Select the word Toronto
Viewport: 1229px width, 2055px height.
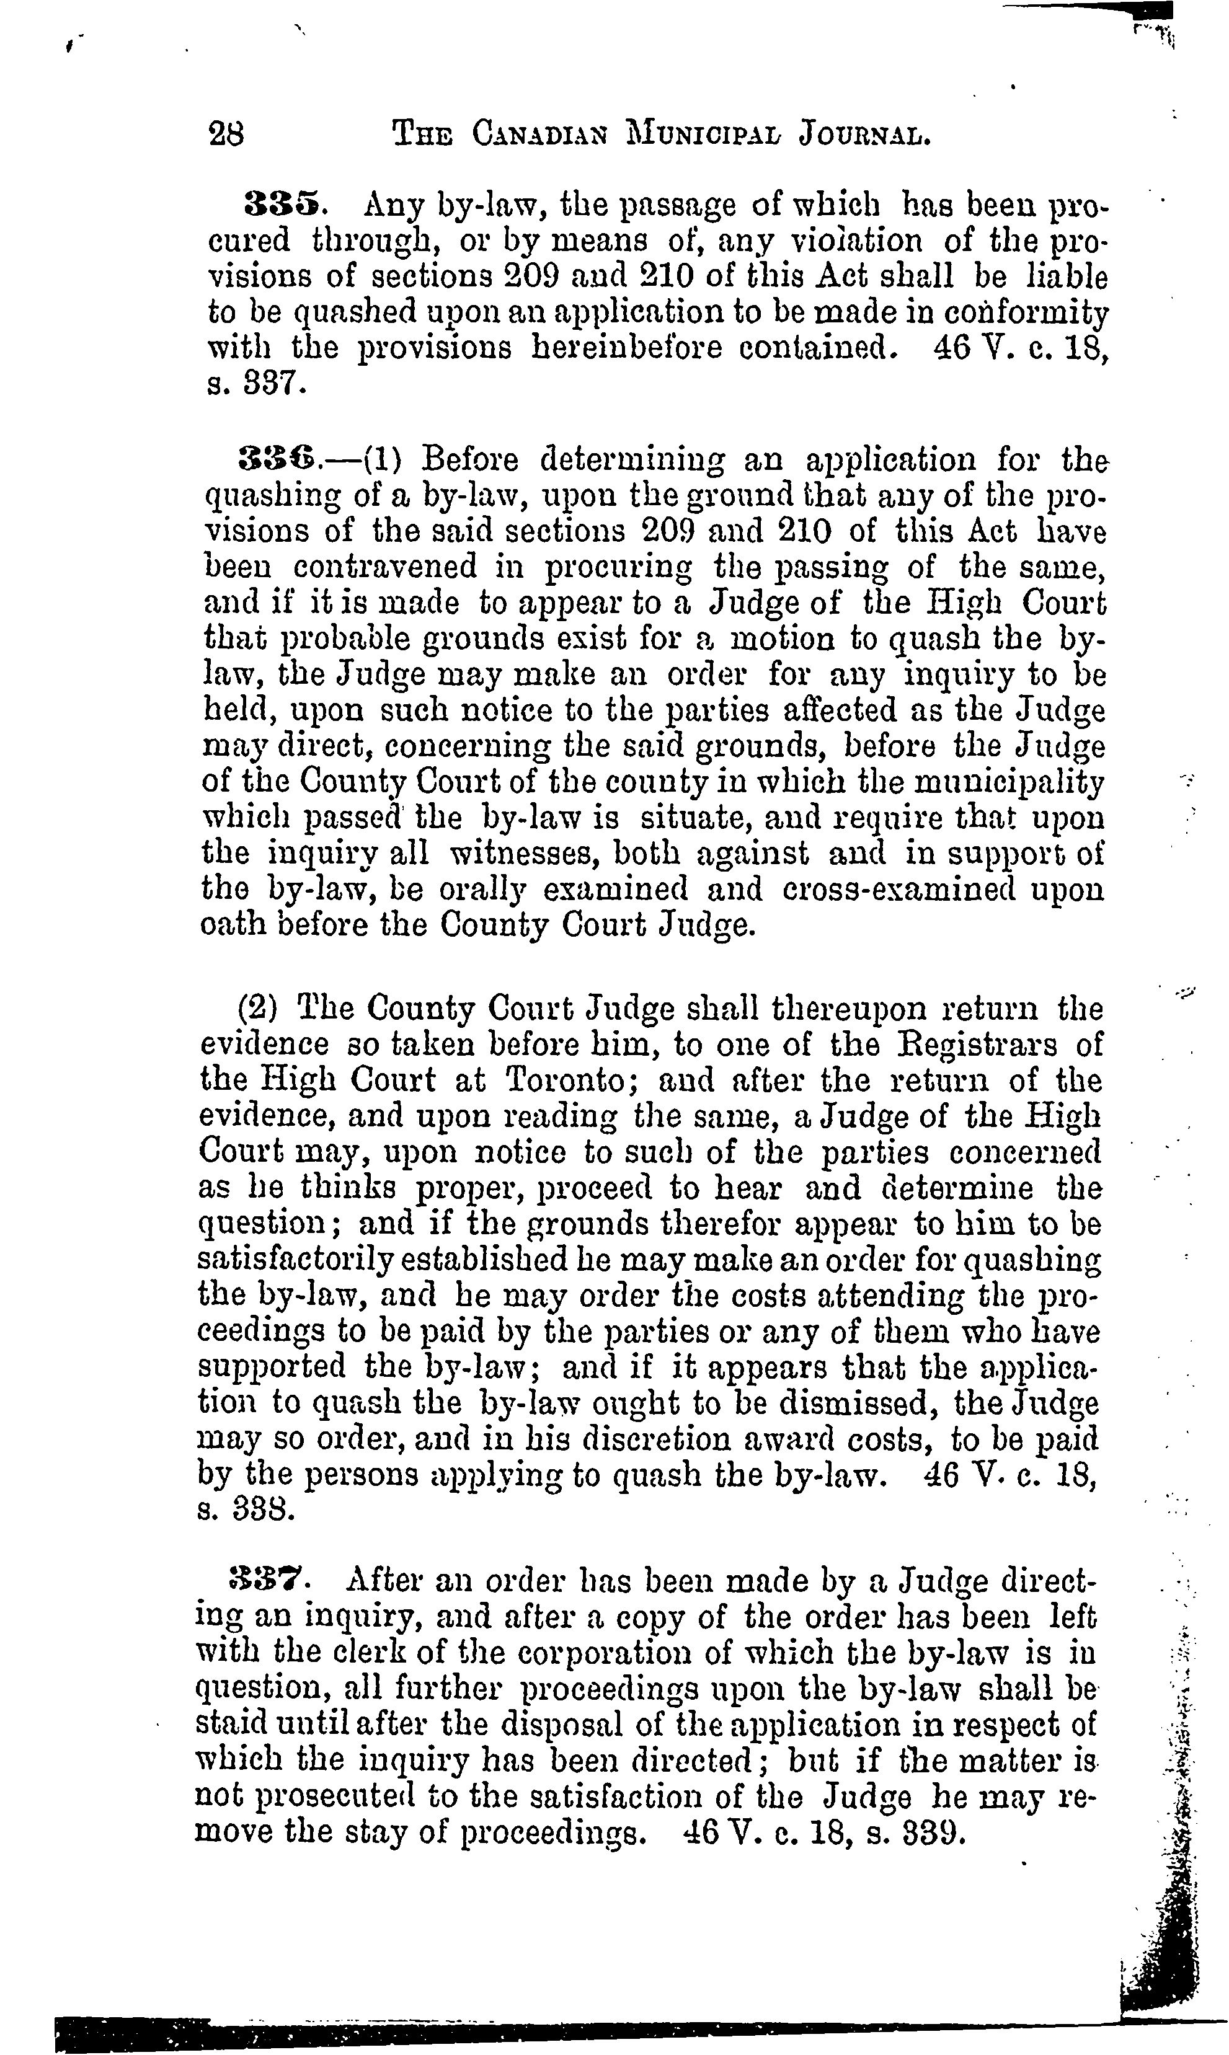tap(570, 1081)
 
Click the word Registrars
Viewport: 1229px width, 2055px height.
tap(977, 1045)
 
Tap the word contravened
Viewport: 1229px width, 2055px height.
tap(386, 567)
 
